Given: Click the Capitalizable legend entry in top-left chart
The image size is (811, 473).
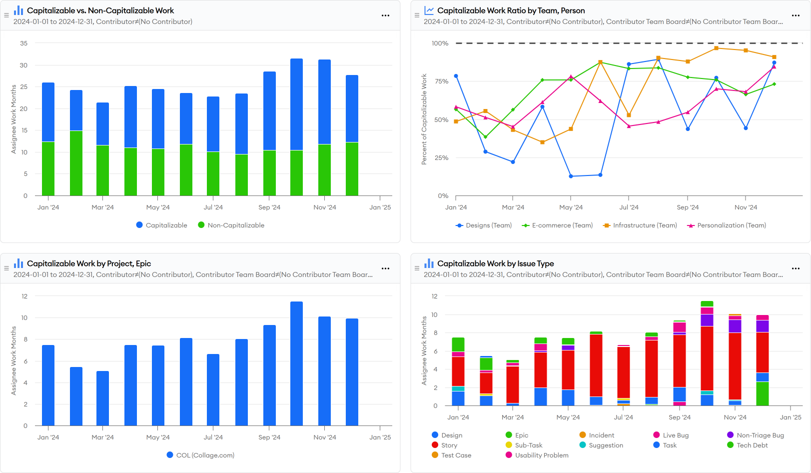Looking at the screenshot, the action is click(x=161, y=225).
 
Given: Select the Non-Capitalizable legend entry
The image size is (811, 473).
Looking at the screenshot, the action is click(x=231, y=225).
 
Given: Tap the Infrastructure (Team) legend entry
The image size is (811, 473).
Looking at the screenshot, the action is click(x=640, y=225).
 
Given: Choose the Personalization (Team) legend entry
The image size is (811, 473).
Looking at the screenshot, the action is click(x=727, y=225).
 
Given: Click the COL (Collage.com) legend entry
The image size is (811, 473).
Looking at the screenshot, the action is click(x=200, y=455).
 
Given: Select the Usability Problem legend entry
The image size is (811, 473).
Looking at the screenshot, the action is click(x=537, y=455).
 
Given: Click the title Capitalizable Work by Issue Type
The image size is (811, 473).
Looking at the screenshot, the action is click(x=495, y=263).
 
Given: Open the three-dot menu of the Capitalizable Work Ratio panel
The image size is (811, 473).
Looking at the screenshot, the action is click(x=796, y=15).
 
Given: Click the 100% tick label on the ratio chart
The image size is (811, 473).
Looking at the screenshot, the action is click(x=440, y=43).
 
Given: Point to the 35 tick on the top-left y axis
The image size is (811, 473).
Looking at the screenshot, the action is click(x=23, y=43).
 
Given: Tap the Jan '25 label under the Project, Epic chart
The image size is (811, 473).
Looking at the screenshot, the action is click(x=380, y=437).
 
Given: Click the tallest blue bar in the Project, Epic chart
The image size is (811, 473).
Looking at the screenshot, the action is click(x=296, y=363).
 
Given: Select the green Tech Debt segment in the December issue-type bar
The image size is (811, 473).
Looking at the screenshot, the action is click(x=763, y=393).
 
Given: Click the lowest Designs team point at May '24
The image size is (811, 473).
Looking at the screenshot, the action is click(x=571, y=176).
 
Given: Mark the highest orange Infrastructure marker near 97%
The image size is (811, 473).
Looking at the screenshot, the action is click(x=716, y=48).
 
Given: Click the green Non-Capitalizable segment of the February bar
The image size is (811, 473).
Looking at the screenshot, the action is click(x=76, y=163).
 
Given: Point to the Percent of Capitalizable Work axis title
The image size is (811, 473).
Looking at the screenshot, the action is click(x=424, y=119).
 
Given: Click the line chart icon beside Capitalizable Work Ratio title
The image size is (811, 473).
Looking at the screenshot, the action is click(x=429, y=10).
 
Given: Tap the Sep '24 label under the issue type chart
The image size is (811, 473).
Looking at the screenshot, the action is click(x=680, y=417).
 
